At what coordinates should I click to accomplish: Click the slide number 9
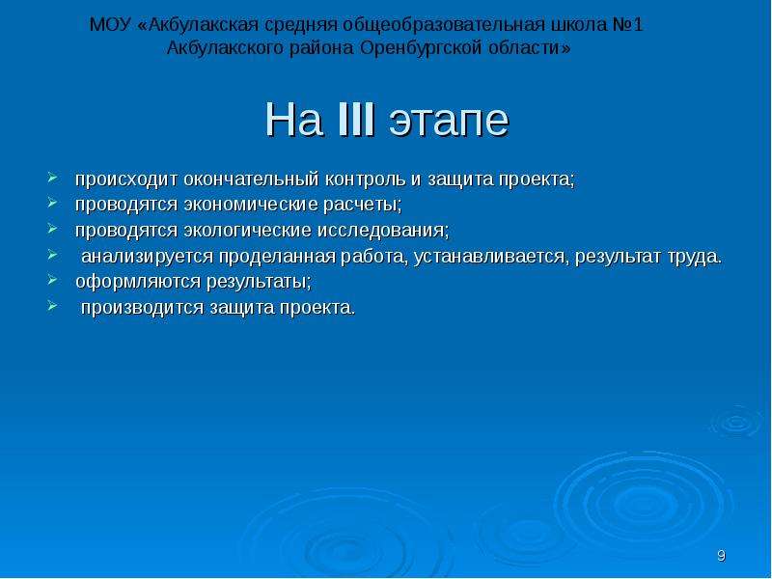pos(721,556)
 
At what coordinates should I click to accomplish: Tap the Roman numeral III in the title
pos(356,119)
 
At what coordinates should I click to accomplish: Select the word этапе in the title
pos(449,123)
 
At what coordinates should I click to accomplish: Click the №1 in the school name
pos(628,25)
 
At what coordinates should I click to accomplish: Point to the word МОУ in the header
pos(110,25)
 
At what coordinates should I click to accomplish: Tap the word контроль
pos(366,179)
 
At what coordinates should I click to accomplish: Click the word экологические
pos(247,231)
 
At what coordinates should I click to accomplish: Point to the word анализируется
pos(148,257)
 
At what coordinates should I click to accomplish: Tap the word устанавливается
pos(491,257)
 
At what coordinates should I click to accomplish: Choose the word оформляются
pos(138,283)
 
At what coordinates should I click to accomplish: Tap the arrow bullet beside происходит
pos(52,178)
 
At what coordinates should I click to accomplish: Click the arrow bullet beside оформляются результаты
pos(52,280)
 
